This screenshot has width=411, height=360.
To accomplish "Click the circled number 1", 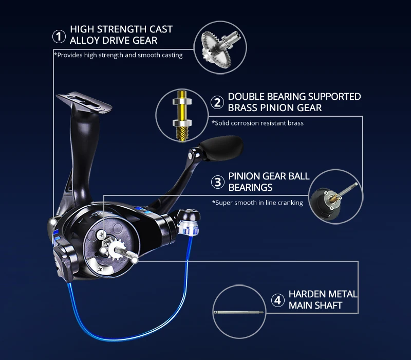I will click(x=60, y=37).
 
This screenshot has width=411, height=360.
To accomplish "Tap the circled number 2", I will click(x=218, y=102).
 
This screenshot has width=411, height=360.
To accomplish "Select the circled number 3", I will click(x=218, y=182).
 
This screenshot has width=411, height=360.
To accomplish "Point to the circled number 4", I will click(x=278, y=300).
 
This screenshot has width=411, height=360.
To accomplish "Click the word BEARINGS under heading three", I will click(x=250, y=187).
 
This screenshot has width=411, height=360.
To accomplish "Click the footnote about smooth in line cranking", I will click(x=257, y=203).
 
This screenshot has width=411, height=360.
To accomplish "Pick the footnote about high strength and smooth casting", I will click(x=118, y=55).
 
